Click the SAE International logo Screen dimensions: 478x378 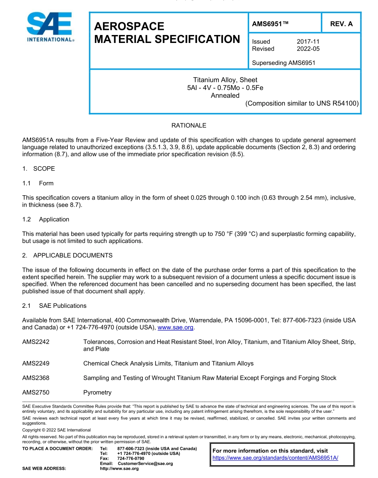pyautogui.click(x=50, y=27)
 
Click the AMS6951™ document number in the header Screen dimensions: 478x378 pyautogui.click(x=270, y=24)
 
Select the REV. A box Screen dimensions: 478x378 pyautogui.click(x=341, y=24)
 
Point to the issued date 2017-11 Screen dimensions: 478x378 pyautogui.click(x=308, y=41)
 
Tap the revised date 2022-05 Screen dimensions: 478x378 pyautogui.click(x=308, y=49)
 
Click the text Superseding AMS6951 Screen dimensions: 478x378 pyautogui.click(x=284, y=62)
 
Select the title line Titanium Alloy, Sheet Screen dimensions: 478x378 pyautogui.click(x=225, y=80)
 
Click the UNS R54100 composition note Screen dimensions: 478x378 pyautogui.click(x=302, y=103)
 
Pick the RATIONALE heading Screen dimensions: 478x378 pyautogui.click(x=189, y=125)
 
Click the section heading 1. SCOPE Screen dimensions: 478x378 pyautogui.click(x=39, y=168)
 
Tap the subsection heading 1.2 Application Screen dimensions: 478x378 pyautogui.click(x=46, y=219)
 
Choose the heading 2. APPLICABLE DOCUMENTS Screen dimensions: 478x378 pyautogui.click(x=67, y=255)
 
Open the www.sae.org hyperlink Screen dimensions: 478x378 pyautogui.click(x=175, y=327)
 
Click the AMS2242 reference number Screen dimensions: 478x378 pyautogui.click(x=36, y=342)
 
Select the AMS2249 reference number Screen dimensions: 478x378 pyautogui.click(x=36, y=363)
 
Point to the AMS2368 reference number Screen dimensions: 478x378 pyautogui.click(x=36, y=378)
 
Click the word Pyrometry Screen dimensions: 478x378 pyautogui.click(x=97, y=393)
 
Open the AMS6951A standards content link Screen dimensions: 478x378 pyautogui.click(x=275, y=458)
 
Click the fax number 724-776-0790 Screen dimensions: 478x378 pyautogui.click(x=131, y=459)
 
